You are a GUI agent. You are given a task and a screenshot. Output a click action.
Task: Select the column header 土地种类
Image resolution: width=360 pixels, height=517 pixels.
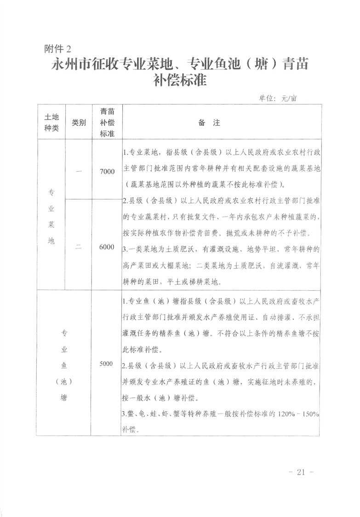(51, 123)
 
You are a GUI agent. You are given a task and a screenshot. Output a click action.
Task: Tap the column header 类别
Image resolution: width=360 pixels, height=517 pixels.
(79, 123)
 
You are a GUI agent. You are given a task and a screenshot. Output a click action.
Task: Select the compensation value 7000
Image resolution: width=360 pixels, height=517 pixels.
(107, 171)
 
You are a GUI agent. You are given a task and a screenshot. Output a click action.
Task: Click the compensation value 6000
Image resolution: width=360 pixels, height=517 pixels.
(107, 247)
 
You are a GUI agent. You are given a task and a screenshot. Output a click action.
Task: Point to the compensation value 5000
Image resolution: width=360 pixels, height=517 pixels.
(106, 363)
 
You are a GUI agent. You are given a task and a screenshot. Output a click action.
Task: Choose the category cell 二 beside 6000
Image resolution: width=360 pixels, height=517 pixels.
(79, 247)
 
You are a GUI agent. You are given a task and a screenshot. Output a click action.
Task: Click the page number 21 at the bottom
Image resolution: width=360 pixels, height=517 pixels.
(302, 472)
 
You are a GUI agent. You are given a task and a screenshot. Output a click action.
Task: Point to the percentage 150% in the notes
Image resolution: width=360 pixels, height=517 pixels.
(310, 413)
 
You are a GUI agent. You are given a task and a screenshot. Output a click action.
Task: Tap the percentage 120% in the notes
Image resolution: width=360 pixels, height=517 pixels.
(284, 413)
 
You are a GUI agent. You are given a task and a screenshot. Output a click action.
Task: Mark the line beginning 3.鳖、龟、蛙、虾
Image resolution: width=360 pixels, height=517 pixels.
(221, 413)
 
